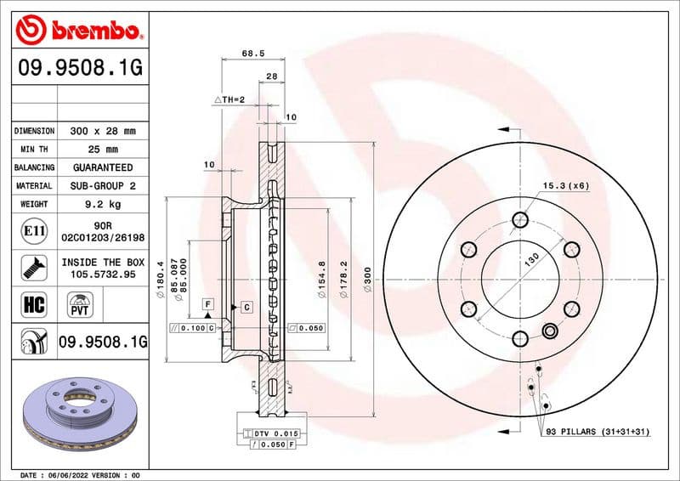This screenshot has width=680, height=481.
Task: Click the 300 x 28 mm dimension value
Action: click(x=103, y=132)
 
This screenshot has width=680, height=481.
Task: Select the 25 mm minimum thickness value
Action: click(x=103, y=150)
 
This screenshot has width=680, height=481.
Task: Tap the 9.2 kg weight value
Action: click(x=103, y=204)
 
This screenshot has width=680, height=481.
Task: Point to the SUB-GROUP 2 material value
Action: click(x=103, y=185)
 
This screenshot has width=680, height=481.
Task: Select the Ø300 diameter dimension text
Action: click(x=367, y=280)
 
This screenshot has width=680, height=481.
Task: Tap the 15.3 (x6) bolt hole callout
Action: click(x=566, y=184)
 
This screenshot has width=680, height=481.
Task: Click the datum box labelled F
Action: click(x=207, y=304)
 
